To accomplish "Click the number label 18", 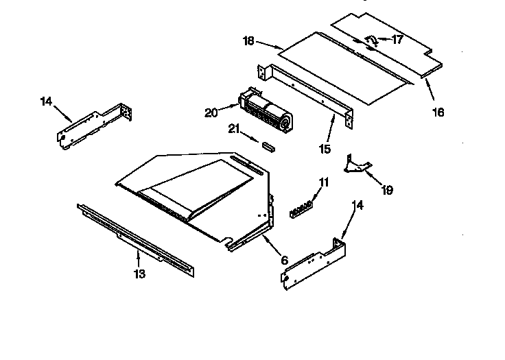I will [248, 40].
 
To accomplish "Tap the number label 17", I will [397, 40].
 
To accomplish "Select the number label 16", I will [437, 112].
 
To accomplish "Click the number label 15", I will [325, 147].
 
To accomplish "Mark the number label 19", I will [387, 189].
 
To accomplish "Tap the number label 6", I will [284, 260].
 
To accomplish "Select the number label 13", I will [139, 274].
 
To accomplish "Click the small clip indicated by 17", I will [369, 43].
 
